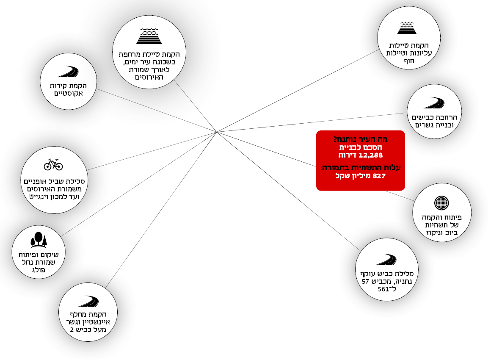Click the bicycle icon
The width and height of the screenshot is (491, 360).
click(53, 164)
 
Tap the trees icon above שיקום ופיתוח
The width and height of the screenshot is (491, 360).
click(38, 240)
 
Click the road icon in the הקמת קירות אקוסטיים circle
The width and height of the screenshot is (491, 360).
click(68, 72)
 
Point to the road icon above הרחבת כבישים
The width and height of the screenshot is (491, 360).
click(434, 103)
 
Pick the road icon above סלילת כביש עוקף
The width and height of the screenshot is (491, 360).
click(386, 259)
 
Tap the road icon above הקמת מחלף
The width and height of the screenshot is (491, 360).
click(88, 301)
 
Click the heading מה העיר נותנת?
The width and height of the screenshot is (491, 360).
click(361, 139)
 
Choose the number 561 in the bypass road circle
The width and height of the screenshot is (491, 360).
click(383, 290)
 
